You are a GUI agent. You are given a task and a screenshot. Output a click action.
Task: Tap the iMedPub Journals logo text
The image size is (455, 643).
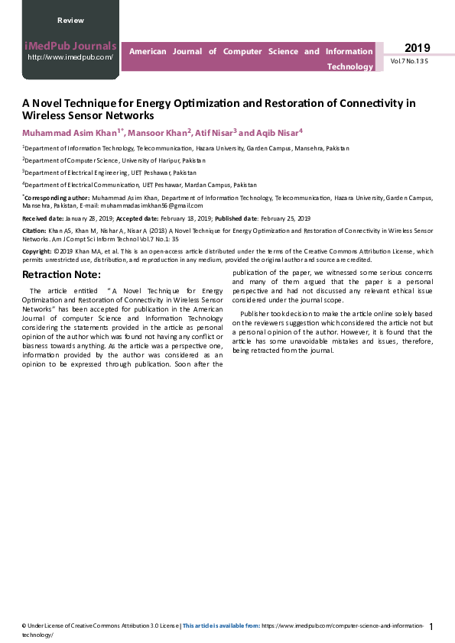70,46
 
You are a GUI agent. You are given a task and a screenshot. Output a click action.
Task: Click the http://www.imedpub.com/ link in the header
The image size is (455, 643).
70,57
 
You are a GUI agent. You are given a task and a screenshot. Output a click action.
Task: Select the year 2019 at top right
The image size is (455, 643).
417,48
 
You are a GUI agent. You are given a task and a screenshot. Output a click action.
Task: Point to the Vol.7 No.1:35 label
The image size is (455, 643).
409,61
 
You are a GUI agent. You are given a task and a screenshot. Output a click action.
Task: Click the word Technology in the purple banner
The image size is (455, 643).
350,66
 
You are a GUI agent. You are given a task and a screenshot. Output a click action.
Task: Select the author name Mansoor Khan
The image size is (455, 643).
159,132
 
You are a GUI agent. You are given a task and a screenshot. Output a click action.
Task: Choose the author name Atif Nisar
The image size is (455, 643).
218,132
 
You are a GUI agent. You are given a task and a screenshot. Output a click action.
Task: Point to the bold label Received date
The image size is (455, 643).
46,218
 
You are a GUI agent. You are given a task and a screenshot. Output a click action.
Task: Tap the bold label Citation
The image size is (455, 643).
34,230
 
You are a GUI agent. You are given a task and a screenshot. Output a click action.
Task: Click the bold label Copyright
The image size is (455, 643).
37,250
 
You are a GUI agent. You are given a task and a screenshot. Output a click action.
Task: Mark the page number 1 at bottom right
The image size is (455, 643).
431,627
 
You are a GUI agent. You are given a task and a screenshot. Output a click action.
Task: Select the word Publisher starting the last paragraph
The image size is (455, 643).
255,314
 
